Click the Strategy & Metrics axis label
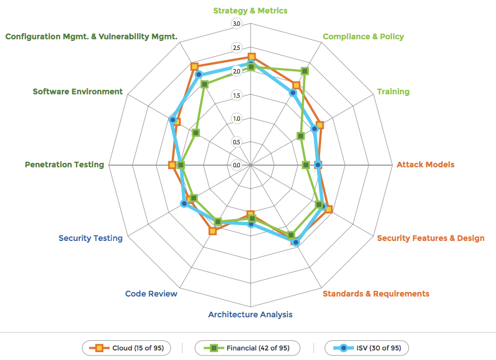251,11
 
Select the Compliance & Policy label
363,37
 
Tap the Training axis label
393,92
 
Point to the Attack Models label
425,165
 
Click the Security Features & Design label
430,238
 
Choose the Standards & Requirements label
376,294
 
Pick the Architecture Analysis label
251,315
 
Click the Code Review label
151,294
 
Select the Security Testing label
90,238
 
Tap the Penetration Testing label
65,165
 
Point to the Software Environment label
78,92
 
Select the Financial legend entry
247,348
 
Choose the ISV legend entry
367,348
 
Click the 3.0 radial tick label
236,24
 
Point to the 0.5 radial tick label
236,142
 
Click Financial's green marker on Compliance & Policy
304,71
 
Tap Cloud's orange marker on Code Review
212,231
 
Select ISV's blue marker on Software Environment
173,119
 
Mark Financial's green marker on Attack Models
306,165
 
